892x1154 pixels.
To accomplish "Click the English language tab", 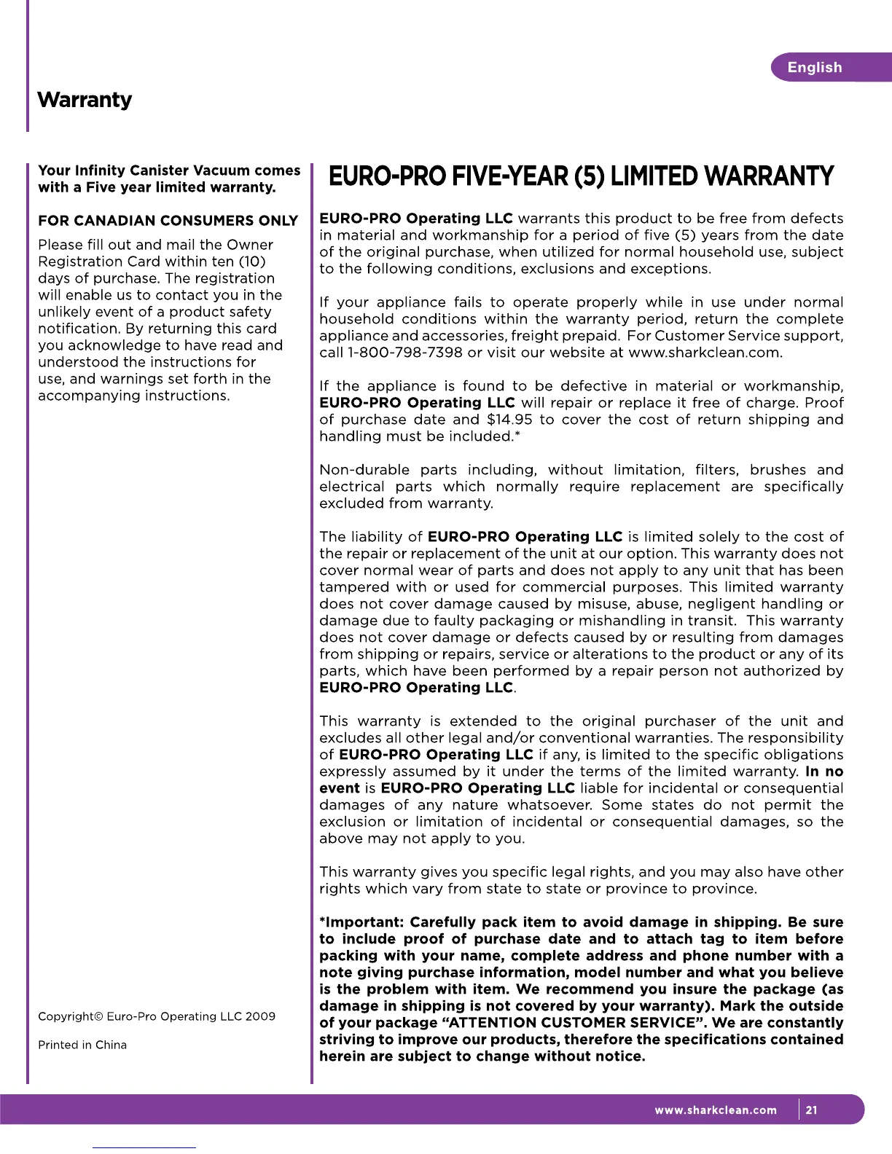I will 814,68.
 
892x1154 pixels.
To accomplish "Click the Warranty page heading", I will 85,100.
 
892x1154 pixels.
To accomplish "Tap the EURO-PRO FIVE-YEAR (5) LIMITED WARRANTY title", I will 581,176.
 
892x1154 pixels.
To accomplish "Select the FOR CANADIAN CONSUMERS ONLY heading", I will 168,221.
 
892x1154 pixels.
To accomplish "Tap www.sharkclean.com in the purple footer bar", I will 716,1110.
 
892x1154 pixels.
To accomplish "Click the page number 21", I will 812,1110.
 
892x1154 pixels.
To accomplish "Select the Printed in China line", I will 82,1045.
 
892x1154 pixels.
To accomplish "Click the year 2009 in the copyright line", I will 260,1016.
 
